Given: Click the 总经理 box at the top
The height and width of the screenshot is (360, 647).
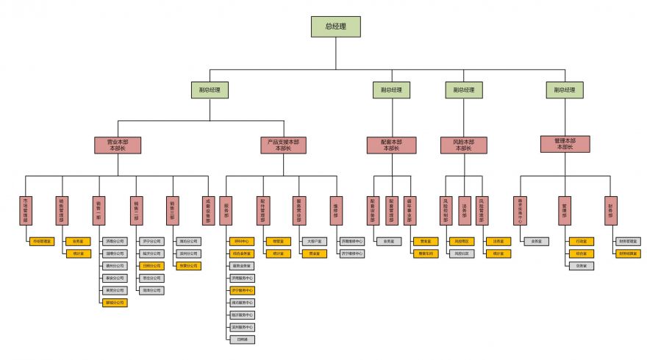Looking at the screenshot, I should coord(335,26).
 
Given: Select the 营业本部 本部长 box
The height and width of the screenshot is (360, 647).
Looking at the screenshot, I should coord(118,145).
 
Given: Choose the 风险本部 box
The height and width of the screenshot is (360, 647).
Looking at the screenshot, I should coord(464,145).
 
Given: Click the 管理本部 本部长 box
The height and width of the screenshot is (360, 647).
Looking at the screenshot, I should coord(565,143).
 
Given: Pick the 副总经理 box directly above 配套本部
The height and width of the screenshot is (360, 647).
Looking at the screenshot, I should coord(391,90).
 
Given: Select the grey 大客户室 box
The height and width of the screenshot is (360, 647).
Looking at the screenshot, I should coord(314,241).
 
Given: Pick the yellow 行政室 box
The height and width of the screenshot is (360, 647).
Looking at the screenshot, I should coord(581,241).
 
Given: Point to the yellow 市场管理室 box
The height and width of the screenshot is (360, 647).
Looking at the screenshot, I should coord(40,241).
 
